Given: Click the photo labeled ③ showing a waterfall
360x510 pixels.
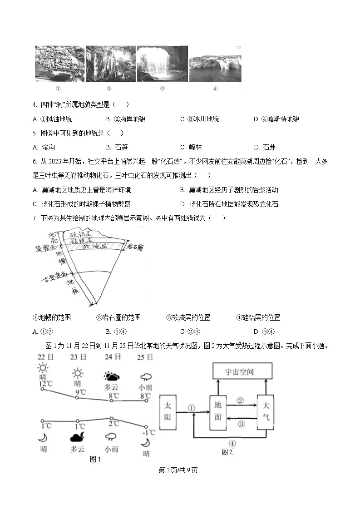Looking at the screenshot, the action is (x=162, y=64).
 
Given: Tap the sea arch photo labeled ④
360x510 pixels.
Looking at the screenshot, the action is (x=215, y=64).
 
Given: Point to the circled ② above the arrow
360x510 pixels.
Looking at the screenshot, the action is (x=240, y=401).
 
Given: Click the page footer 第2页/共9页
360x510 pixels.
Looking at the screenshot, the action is (x=178, y=470).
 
